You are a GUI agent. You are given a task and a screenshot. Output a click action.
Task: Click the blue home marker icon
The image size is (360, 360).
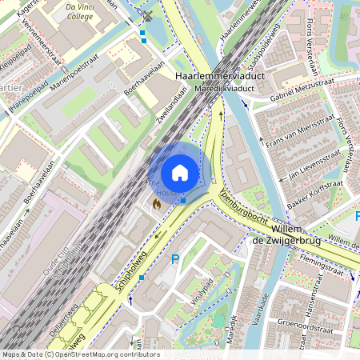[180, 172]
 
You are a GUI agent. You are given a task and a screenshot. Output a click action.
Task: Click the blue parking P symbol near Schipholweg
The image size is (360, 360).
[175, 259]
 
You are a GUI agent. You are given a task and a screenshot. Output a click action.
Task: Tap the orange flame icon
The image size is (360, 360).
[156, 205]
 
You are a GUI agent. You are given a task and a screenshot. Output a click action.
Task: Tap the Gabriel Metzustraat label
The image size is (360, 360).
[302, 90]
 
